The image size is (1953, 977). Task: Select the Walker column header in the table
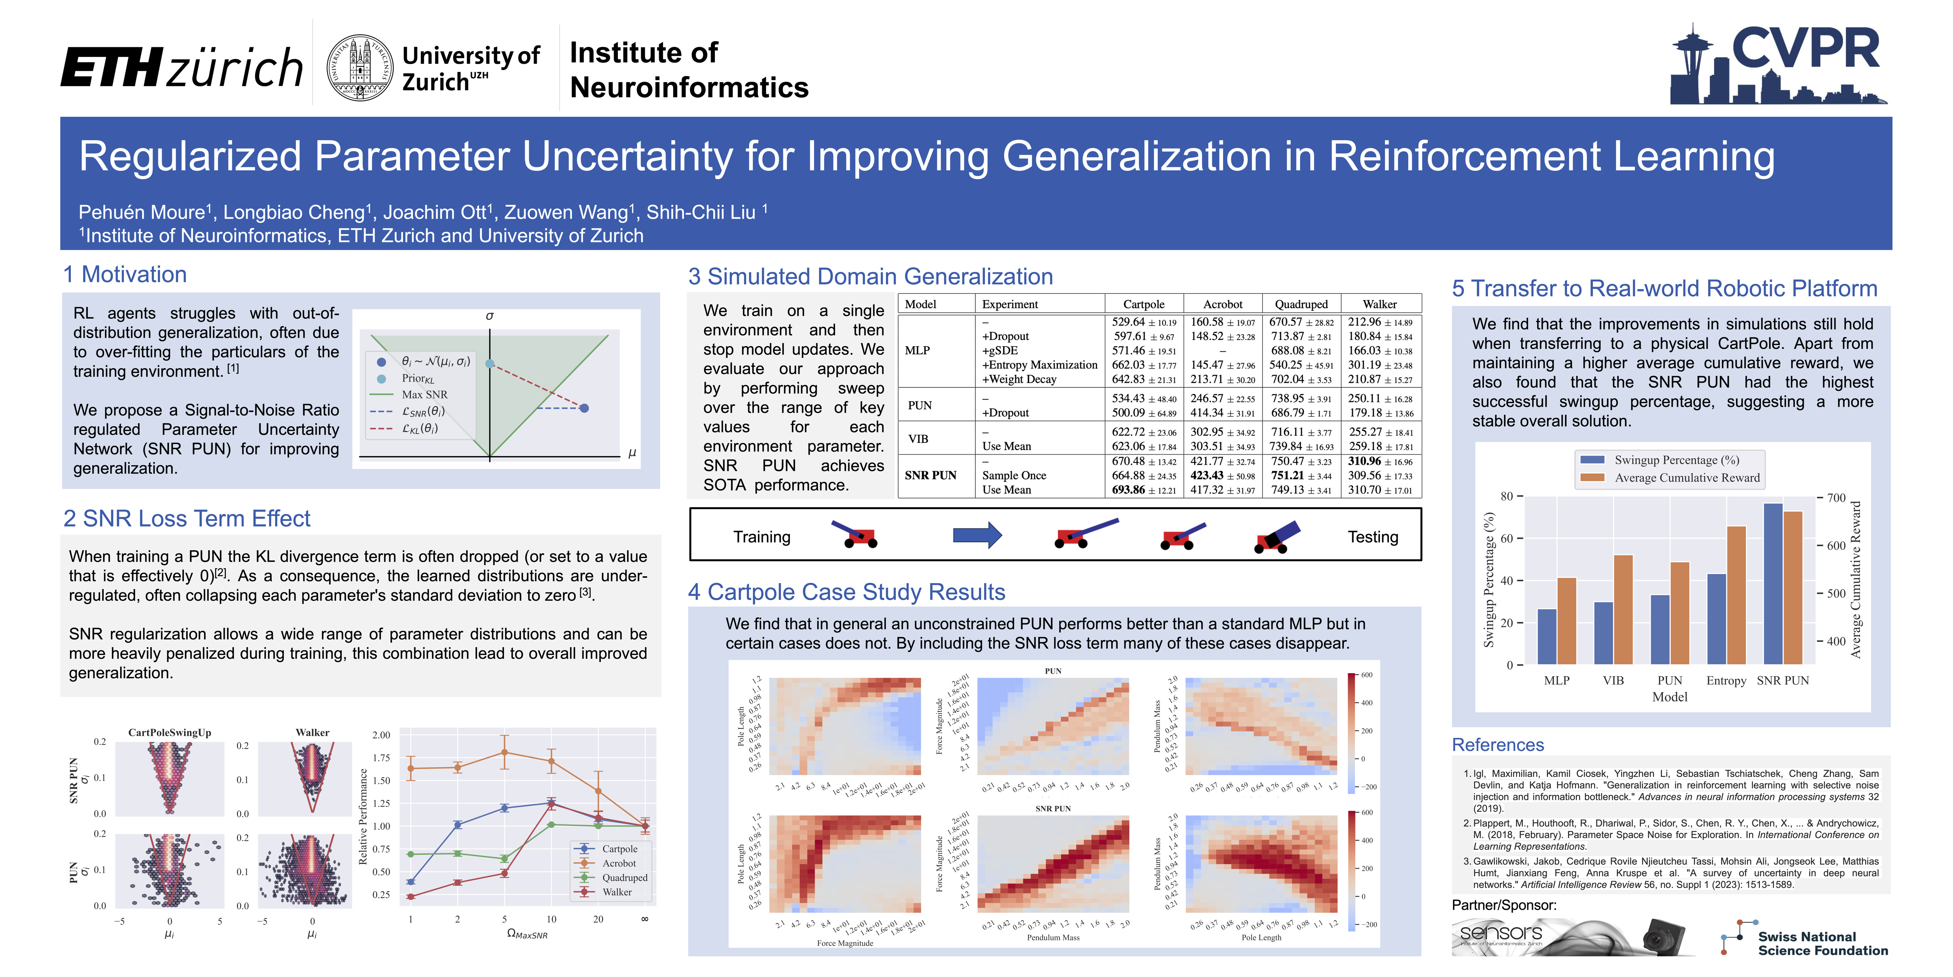click(x=1379, y=304)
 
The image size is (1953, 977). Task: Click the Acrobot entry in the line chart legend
click(x=619, y=863)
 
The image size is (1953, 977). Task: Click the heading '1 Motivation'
click(x=125, y=275)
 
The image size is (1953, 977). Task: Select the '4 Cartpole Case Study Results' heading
click(x=846, y=592)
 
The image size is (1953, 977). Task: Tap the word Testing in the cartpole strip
click(x=1372, y=537)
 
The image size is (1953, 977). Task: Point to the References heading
click(x=1497, y=745)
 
